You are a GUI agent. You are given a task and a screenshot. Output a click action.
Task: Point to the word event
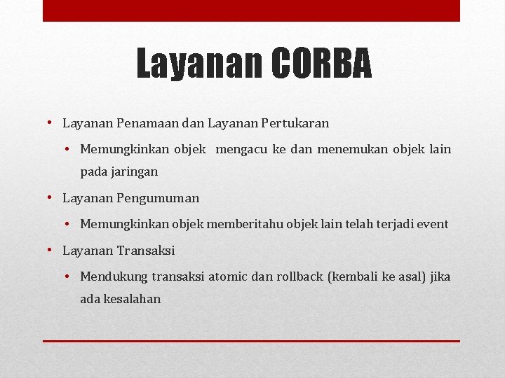coord(432,225)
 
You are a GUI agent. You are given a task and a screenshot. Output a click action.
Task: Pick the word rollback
coord(299,277)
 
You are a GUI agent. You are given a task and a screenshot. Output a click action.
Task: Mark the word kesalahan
coord(132,299)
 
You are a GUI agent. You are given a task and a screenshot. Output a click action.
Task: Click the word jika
coord(440,277)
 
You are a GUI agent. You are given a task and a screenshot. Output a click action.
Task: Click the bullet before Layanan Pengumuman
coord(51,197)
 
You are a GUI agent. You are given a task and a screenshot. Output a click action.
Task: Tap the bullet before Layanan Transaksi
coord(51,250)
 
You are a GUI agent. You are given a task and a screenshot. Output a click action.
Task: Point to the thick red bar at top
coord(251,10)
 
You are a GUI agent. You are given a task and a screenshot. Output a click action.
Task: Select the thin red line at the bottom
coord(251,341)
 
